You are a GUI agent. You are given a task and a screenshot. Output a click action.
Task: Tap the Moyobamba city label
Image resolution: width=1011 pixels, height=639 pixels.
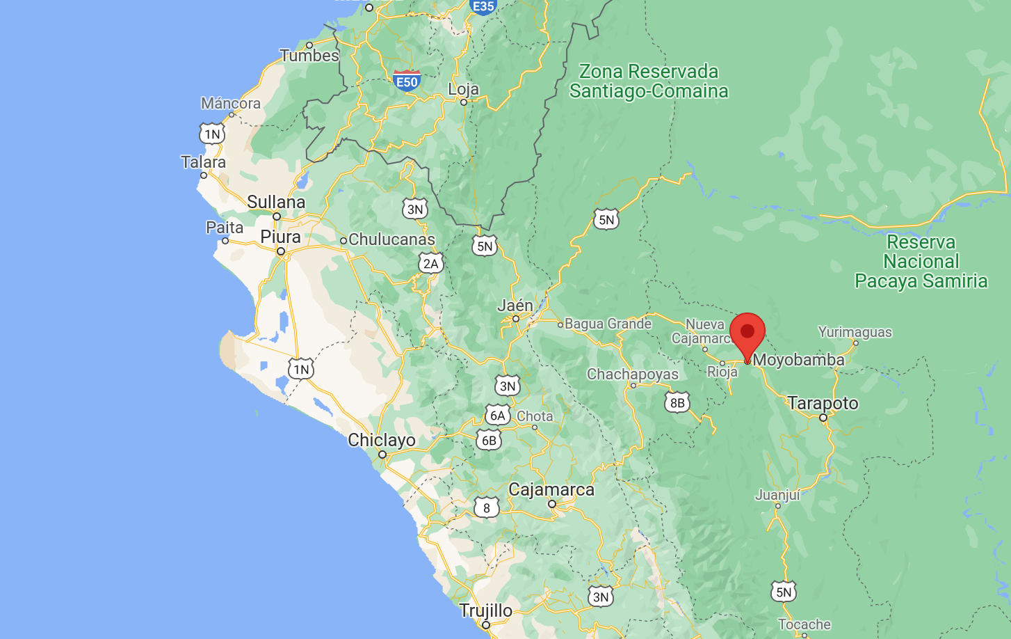tap(798, 360)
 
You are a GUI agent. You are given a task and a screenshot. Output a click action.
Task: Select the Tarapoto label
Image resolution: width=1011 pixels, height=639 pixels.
tap(823, 403)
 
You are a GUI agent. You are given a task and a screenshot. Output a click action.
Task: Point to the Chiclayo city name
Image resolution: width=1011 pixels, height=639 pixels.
tap(382, 440)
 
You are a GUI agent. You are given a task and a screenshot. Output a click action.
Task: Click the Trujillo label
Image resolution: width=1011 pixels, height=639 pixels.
tap(486, 610)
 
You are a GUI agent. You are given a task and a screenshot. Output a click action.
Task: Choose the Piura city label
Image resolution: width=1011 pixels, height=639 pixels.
tap(280, 237)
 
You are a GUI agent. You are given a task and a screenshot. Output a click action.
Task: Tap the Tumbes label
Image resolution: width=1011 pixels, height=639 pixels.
tap(309, 56)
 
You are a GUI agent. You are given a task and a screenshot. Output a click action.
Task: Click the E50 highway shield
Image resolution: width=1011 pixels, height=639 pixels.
tap(406, 81)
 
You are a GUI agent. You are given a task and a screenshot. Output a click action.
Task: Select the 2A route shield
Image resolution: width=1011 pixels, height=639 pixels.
tap(431, 263)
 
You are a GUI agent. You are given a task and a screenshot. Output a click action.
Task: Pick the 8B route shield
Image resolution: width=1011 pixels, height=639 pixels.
tap(677, 402)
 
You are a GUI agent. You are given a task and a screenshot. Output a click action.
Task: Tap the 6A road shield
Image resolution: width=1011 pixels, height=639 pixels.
tap(497, 416)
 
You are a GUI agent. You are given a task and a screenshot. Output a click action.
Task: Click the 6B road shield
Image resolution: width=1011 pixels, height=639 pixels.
tap(489, 440)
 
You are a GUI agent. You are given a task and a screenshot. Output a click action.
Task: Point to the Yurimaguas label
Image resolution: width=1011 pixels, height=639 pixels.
tap(855, 332)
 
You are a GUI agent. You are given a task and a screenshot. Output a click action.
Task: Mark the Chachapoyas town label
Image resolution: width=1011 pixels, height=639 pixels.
tap(633, 374)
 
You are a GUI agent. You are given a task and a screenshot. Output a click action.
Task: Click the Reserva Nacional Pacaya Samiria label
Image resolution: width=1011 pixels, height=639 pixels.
tap(921, 262)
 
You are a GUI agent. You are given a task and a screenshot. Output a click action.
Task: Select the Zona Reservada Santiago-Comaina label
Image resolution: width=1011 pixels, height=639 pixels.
tap(649, 81)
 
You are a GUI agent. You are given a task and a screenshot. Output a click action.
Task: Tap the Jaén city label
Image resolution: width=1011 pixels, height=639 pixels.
tap(515, 306)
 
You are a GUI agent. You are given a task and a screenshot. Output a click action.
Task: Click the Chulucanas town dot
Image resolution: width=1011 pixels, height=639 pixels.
tap(343, 241)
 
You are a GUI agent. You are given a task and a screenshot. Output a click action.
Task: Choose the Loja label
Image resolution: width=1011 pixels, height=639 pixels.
tap(463, 89)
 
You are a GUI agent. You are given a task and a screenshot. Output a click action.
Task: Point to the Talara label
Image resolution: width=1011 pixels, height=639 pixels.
tap(203, 162)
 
